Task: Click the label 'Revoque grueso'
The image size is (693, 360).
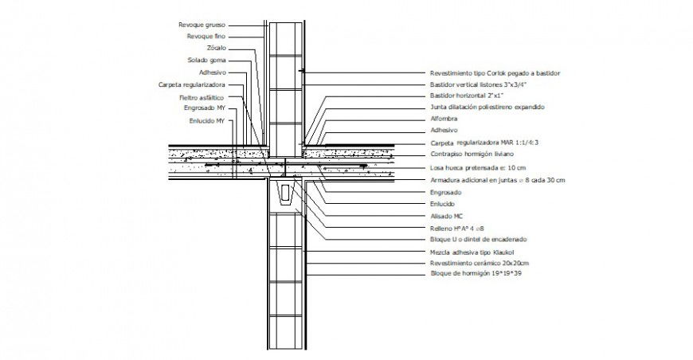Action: [x=202, y=25]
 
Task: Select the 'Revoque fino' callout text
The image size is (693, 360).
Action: [x=206, y=37]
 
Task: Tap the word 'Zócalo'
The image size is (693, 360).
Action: [x=214, y=48]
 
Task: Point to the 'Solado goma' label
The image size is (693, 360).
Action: [x=206, y=60]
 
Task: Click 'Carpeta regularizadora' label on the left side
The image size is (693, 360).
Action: [x=192, y=84]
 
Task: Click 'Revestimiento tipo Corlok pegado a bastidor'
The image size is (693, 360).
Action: [x=495, y=72]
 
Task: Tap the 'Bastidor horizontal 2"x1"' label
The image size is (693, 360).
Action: [x=467, y=95]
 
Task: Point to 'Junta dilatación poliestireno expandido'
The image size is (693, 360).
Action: [x=487, y=106]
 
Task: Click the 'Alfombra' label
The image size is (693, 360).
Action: [x=444, y=118]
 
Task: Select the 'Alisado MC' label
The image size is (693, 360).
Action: [x=447, y=215]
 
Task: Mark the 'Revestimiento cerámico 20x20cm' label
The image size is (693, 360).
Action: [x=479, y=262]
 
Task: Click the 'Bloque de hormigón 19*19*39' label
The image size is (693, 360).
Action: [x=476, y=273]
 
